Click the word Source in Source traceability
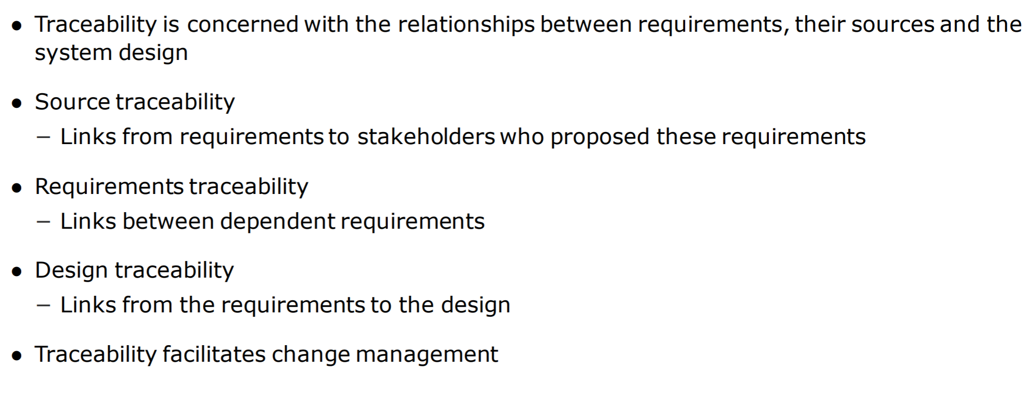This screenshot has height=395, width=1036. [x=72, y=102]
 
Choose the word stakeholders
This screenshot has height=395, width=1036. [x=426, y=137]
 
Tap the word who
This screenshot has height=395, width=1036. [x=522, y=137]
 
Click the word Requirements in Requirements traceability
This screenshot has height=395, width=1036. [x=109, y=186]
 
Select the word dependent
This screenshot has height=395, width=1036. [x=278, y=221]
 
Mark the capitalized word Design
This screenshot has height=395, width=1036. [x=72, y=271]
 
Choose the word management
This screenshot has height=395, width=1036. [x=426, y=354]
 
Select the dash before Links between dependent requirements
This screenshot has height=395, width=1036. [x=44, y=222]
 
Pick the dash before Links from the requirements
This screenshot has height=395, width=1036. [x=44, y=305]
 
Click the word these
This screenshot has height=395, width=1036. [x=686, y=137]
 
